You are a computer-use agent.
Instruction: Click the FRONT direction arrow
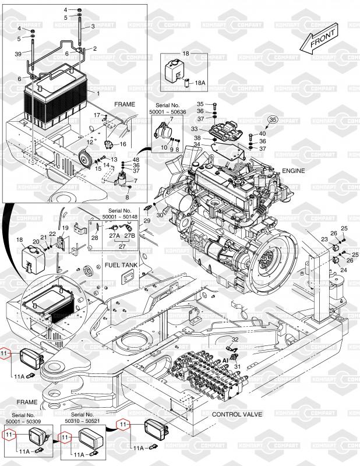pos(319,38)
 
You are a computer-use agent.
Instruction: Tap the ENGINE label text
pos(293,171)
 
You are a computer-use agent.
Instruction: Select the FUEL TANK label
pos(121,265)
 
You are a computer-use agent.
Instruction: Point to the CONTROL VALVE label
pos(237,414)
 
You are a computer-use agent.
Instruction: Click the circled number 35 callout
pos(273,119)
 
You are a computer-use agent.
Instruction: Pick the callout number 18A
pos(200,83)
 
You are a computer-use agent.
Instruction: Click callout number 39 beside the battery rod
pos(18,54)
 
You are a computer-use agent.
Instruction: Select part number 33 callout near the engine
pos(194,129)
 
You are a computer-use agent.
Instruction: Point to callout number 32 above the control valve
pos(235,340)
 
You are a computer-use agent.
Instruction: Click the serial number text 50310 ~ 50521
pos(82,421)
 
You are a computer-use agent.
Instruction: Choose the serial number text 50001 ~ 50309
pos(23,421)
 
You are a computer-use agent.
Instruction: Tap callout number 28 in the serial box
pos(94,238)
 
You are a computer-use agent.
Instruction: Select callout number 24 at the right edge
pos(344,270)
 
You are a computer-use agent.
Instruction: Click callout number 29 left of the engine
pos(147,221)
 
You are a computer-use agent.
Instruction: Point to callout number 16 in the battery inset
pos(123,144)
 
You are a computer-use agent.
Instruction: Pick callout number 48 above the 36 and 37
pos(136,160)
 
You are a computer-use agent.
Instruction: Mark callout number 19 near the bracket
pos(65,228)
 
